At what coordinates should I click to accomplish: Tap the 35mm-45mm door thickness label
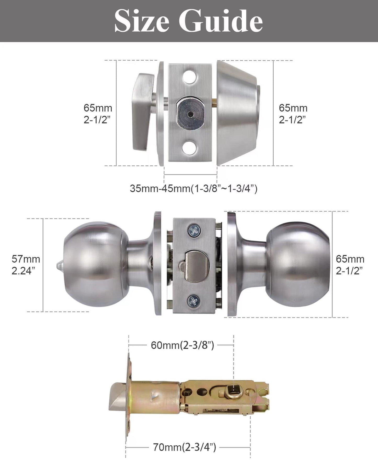pos(194,188)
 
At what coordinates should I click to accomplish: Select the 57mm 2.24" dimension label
pos(26,265)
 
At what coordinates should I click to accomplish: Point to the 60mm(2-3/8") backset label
pos(182,345)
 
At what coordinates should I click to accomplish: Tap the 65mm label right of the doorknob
pos(350,265)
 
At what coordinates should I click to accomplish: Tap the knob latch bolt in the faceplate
pos(198,265)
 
